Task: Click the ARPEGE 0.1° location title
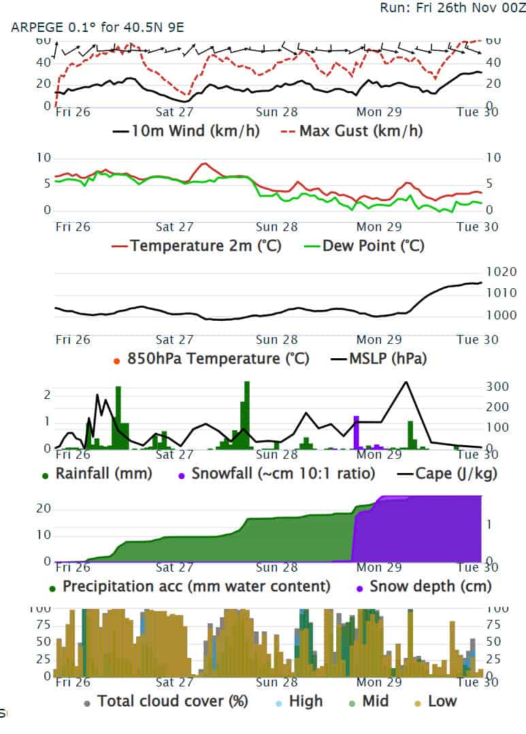tap(97, 28)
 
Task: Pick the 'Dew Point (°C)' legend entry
tap(374, 245)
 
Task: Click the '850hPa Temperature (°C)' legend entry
tap(218, 358)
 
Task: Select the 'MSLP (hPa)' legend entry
tap(387, 358)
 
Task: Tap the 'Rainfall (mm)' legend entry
tap(103, 473)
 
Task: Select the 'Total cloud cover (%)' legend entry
tap(172, 701)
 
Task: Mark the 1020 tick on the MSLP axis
tap(503, 272)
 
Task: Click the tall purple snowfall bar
tap(355, 432)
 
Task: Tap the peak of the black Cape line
tap(406, 382)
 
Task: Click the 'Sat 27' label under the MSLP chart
tap(175, 340)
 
